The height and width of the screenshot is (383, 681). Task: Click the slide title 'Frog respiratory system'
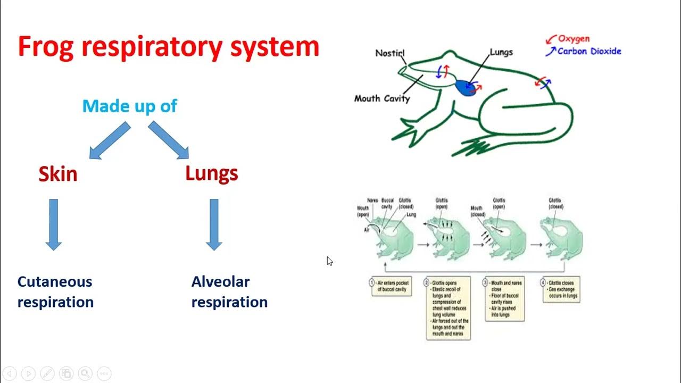(168, 47)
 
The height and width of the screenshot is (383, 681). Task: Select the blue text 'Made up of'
(129, 106)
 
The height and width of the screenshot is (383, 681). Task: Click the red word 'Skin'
(57, 174)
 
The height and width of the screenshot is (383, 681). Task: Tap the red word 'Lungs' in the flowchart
(211, 173)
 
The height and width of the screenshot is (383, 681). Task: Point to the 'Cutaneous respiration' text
(55, 292)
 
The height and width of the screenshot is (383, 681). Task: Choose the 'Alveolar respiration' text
(229, 292)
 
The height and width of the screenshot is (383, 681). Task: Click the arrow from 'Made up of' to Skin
(109, 141)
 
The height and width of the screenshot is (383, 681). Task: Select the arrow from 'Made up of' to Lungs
(169, 140)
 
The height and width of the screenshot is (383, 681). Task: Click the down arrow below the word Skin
(53, 224)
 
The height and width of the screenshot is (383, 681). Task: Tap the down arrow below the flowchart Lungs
(214, 224)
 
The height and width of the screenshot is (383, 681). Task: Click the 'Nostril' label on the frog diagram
(389, 53)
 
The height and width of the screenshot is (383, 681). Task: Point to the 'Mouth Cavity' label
(381, 98)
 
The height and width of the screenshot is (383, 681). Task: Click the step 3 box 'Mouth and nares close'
(504, 298)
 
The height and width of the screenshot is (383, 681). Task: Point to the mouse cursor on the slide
(330, 261)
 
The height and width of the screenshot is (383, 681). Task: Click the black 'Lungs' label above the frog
(501, 52)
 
